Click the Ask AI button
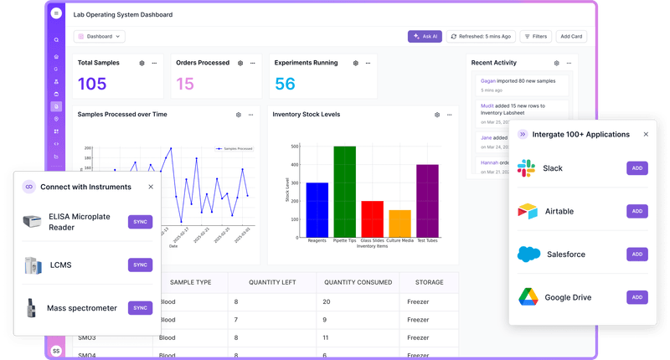[425, 36]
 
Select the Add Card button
[571, 36]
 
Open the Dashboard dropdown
[100, 36]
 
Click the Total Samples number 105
[92, 84]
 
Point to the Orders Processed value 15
[185, 84]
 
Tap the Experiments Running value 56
[286, 84]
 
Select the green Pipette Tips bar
[345, 192]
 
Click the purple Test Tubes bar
[427, 201]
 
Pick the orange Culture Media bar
[399, 224]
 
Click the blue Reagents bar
[317, 209]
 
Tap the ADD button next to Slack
[637, 168]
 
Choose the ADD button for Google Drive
[637, 297]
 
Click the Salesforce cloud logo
[528, 254]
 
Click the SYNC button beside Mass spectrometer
[140, 308]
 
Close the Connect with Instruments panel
[151, 187]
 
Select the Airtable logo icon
[528, 212]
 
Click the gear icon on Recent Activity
[556, 63]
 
